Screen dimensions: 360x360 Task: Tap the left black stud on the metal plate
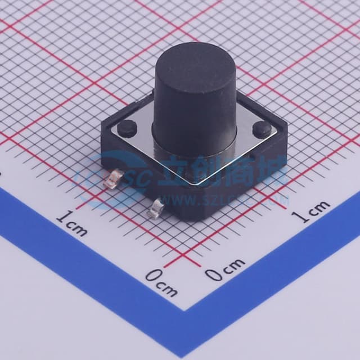coord(127,126)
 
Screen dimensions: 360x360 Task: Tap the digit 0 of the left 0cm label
coord(152,276)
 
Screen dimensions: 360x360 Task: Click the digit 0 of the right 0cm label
coord(213,274)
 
